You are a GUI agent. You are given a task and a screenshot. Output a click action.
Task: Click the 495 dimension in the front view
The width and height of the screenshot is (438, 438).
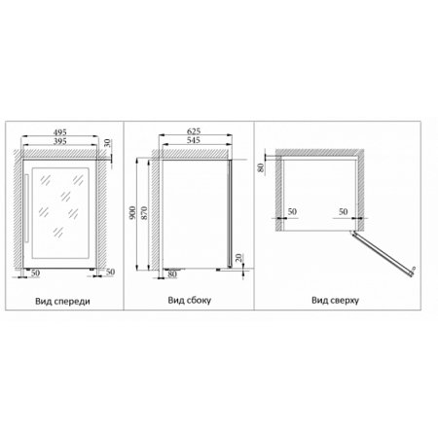coord(60,132)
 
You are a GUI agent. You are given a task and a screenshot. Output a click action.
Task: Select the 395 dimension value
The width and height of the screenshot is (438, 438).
coord(60,141)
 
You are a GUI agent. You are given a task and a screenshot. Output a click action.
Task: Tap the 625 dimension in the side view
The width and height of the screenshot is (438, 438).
coord(194,131)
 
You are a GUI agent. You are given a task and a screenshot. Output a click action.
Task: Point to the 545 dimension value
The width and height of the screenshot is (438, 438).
coord(194,140)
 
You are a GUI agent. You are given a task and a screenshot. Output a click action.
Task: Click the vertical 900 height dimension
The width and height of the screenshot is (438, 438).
coord(132,212)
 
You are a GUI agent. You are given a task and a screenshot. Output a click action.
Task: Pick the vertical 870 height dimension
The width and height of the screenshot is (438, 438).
coord(144,213)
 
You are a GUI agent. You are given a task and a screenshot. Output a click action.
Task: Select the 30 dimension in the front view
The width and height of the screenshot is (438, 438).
coord(108,143)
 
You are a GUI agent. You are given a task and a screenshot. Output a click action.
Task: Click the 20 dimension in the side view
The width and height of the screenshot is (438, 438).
coord(238,258)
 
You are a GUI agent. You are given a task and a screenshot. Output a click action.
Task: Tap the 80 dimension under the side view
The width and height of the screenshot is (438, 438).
coord(172,274)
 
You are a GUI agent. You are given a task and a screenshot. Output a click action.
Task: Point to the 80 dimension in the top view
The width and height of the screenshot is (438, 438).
coord(260,167)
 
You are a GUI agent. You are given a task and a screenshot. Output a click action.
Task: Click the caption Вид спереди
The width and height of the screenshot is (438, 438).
coord(62,302)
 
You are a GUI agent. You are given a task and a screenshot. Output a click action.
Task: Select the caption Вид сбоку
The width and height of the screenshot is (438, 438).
coord(190,300)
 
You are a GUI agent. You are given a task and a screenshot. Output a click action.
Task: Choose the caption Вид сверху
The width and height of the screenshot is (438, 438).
coord(335,300)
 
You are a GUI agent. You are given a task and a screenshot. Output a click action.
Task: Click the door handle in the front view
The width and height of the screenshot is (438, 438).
coord(26,208)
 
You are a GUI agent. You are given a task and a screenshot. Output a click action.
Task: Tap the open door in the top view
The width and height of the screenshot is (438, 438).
coord(382,254)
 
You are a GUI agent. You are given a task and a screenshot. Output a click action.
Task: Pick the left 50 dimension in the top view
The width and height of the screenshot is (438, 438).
coord(292,211)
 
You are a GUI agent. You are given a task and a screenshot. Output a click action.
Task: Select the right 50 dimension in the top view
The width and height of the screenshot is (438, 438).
coord(344,211)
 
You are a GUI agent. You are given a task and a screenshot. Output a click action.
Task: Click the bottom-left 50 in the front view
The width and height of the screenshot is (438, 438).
coord(35,273)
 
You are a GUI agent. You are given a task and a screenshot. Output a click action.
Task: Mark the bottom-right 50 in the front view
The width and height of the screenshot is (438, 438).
coord(110,272)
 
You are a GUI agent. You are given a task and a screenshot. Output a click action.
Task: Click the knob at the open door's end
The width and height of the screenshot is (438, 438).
coord(414,269)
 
